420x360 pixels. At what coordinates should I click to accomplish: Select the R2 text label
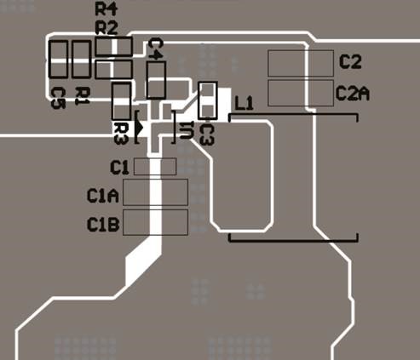tap(106, 28)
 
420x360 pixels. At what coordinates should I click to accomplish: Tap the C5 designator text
tap(58, 98)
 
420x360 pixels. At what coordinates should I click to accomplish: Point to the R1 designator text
tap(83, 96)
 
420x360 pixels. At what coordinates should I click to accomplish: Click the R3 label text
tap(121, 133)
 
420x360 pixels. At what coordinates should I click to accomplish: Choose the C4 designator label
tap(156, 49)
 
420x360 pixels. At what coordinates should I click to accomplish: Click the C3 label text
tap(207, 134)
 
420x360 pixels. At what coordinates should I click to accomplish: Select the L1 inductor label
tap(244, 103)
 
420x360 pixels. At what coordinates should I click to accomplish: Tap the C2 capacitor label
tap(350, 62)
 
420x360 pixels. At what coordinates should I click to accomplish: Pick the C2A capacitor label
tap(353, 94)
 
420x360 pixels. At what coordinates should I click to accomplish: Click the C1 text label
tap(119, 168)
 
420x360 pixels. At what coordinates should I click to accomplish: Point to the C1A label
tap(102, 196)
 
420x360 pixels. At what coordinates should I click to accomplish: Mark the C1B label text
tap(103, 225)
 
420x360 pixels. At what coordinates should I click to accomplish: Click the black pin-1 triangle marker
tap(139, 128)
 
